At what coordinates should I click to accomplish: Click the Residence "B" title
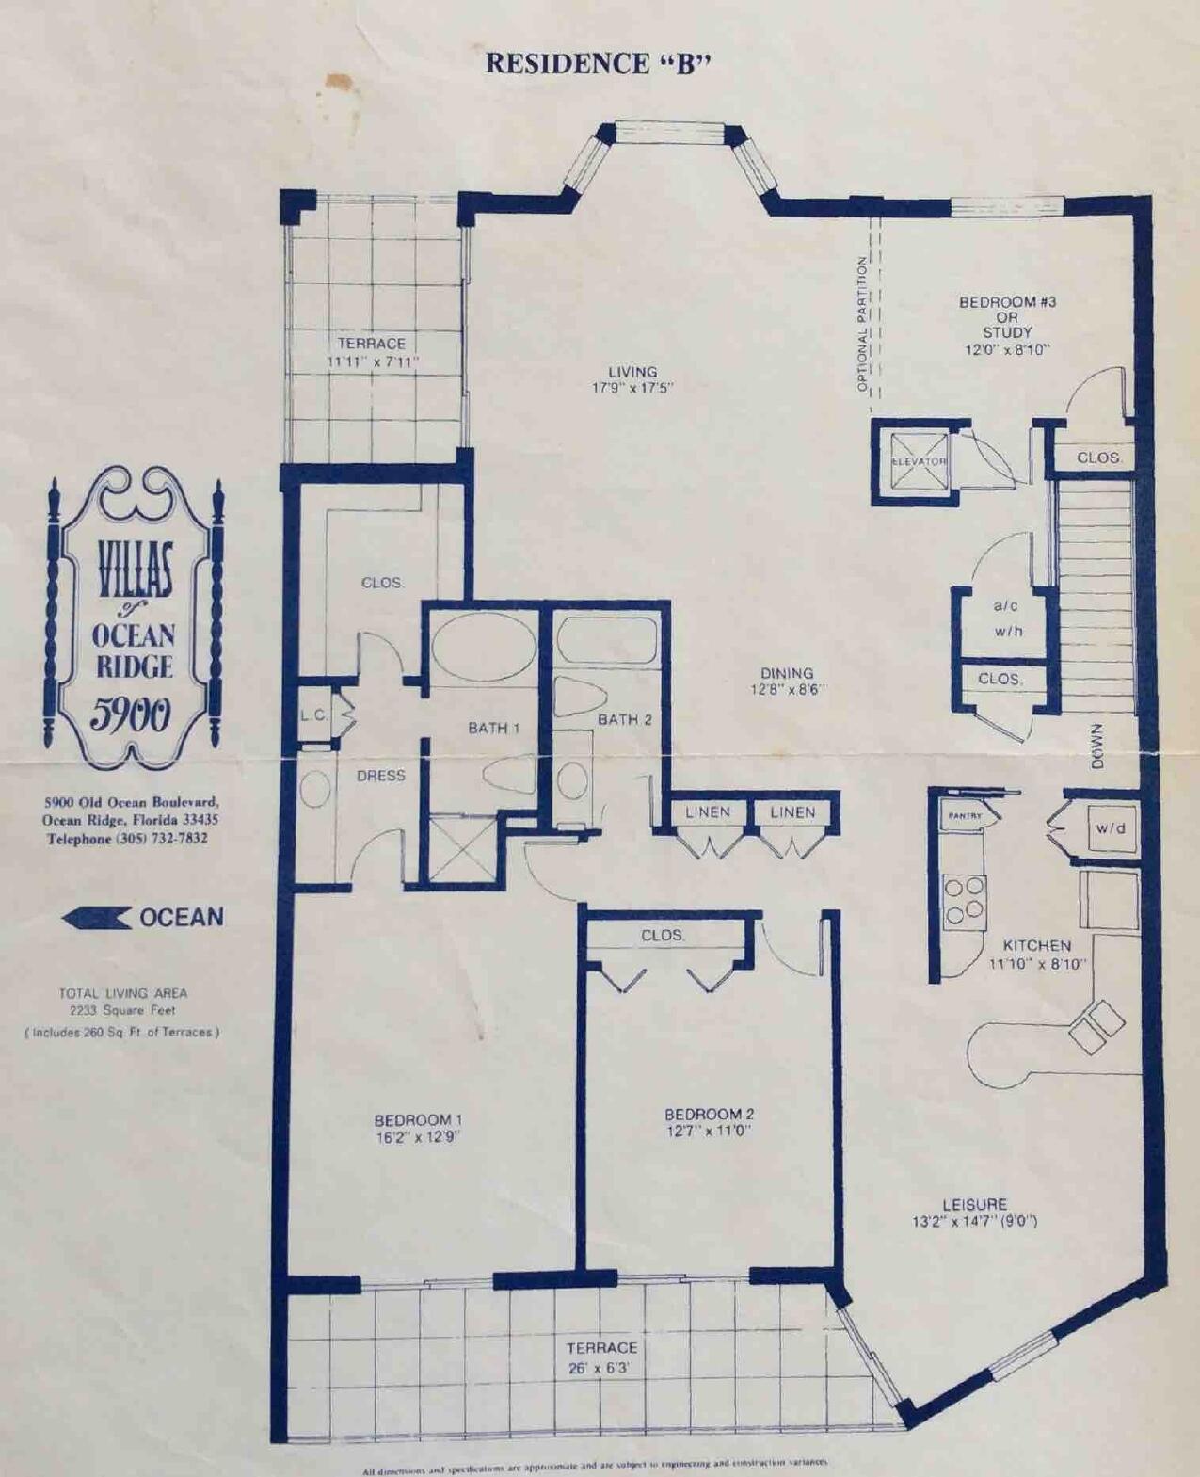click(598, 63)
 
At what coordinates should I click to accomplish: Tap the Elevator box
click(919, 461)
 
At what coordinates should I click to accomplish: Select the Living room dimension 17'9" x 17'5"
click(632, 388)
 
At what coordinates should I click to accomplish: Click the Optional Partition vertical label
click(861, 324)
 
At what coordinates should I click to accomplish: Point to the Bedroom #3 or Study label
click(1007, 317)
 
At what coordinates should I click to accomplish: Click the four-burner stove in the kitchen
click(964, 898)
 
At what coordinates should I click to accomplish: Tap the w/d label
click(1111, 829)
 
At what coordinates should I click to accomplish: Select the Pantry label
click(965, 815)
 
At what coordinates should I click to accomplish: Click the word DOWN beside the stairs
click(1097, 746)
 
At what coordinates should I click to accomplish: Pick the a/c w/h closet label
click(1006, 618)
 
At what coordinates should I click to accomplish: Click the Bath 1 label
click(494, 728)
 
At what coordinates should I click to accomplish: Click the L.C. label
click(313, 715)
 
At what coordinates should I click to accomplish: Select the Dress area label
click(381, 776)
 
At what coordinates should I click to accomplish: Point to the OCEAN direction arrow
click(97, 918)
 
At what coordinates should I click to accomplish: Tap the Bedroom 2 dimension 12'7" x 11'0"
click(709, 1131)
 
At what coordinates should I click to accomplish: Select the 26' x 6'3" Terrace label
click(601, 1368)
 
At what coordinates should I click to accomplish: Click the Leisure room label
click(974, 1204)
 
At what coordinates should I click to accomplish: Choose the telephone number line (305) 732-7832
click(127, 838)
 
